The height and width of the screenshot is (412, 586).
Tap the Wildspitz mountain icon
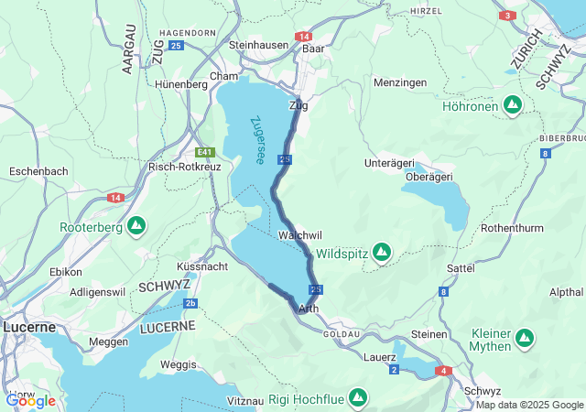click(x=382, y=252)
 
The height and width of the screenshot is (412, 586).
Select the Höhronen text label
click(x=470, y=106)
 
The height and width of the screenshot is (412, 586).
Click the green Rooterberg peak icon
click(x=136, y=225)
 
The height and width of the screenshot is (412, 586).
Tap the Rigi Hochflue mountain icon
click(x=357, y=399)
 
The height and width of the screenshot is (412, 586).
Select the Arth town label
click(x=309, y=309)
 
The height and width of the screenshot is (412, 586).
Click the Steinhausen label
click(x=258, y=44)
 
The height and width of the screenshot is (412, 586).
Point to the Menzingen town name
click(x=400, y=82)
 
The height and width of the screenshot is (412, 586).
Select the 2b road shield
click(x=190, y=303)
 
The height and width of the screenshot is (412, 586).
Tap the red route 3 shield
click(x=507, y=16)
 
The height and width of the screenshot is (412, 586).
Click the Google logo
click(x=30, y=400)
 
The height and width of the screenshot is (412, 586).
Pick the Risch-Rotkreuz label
click(x=185, y=168)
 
